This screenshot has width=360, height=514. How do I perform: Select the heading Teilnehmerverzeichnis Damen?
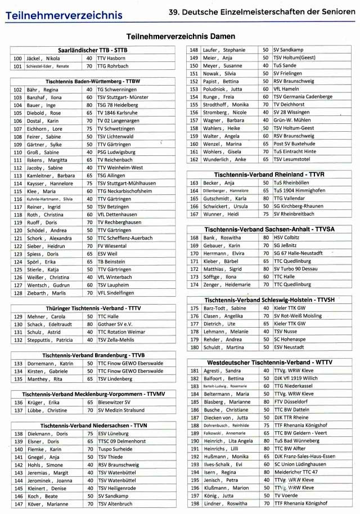(179, 37)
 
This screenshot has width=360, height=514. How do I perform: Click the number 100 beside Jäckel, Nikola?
(17, 58)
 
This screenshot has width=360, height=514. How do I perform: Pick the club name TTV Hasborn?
(111, 58)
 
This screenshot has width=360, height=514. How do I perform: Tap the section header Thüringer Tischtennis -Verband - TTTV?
(93, 309)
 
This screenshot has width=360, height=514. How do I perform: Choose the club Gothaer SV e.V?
(115, 324)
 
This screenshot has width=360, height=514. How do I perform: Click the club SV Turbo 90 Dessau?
(295, 269)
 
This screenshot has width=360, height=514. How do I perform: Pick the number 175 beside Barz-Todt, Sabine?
(195, 309)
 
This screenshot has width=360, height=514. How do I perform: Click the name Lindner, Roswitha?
(224, 503)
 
